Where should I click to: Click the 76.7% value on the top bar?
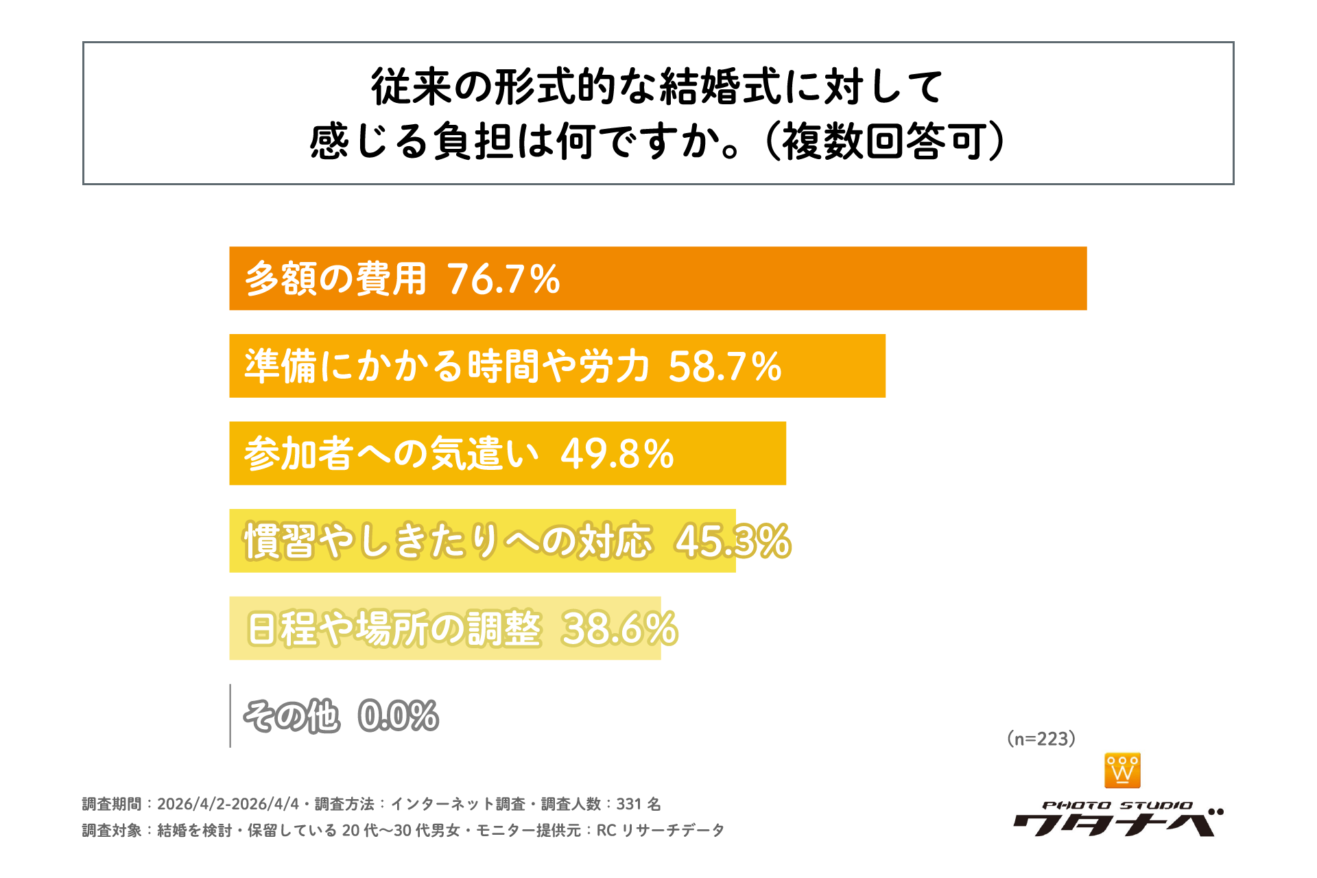click(x=503, y=279)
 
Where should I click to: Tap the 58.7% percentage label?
click(x=724, y=366)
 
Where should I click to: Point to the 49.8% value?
click(x=617, y=454)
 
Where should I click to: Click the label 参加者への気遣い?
click(x=391, y=454)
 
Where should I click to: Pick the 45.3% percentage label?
click(x=733, y=541)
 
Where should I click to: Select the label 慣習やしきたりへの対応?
click(x=448, y=541)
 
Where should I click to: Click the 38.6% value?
click(x=619, y=629)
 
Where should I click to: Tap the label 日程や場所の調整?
click(x=394, y=629)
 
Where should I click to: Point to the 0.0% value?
click(x=398, y=716)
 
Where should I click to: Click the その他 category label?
click(x=292, y=716)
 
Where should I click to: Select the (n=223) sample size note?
click(x=1041, y=739)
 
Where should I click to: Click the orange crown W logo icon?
click(x=1122, y=770)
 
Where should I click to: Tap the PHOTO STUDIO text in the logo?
click(x=1117, y=805)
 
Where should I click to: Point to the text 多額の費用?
click(x=335, y=279)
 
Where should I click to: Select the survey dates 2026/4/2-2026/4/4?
click(x=228, y=804)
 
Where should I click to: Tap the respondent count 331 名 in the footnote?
click(x=638, y=804)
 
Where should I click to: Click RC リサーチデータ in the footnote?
click(x=660, y=831)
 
